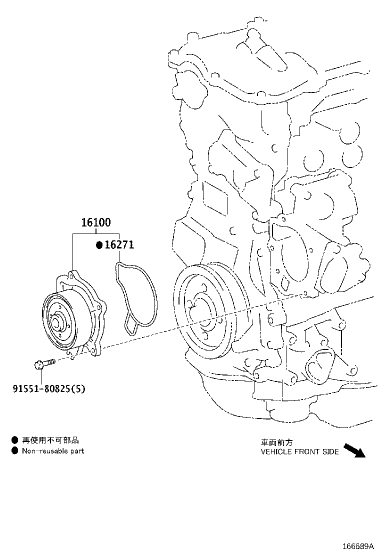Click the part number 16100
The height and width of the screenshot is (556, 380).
click(x=96, y=223)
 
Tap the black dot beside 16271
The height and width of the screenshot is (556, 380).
click(x=99, y=245)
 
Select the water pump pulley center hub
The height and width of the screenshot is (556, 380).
click(x=57, y=321)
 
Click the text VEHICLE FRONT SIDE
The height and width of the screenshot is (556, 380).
click(x=299, y=451)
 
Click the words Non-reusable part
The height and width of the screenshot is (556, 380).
click(x=53, y=451)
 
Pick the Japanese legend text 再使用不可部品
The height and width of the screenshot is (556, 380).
click(x=50, y=440)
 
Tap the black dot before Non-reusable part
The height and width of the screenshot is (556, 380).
click(x=15, y=451)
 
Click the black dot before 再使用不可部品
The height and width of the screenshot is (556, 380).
click(x=15, y=440)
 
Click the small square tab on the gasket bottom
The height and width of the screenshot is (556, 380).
click(x=131, y=327)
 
